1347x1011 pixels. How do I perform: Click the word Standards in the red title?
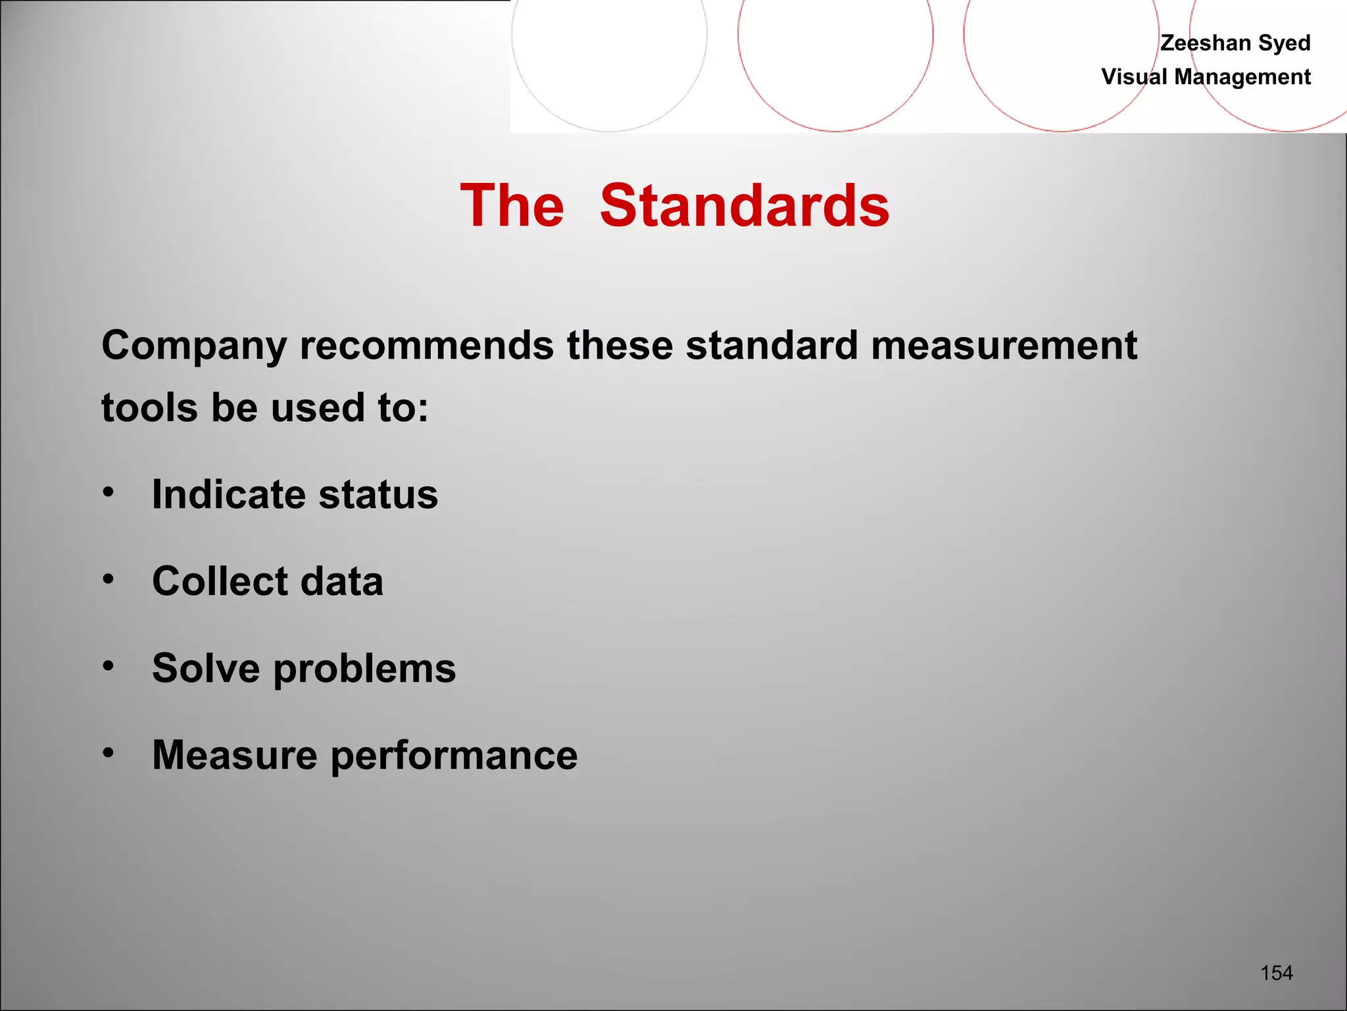click(x=745, y=206)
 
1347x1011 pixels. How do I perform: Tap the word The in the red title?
click(x=512, y=206)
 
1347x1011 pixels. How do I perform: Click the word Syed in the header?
click(x=1285, y=43)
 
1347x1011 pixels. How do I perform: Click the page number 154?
click(x=1277, y=973)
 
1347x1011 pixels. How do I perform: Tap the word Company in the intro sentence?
click(x=194, y=346)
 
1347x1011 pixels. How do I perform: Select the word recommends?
click(x=427, y=345)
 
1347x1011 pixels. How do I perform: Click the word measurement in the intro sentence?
click(x=1004, y=345)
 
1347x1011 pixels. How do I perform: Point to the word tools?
click(x=149, y=407)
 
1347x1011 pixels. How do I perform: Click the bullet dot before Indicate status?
click(x=109, y=491)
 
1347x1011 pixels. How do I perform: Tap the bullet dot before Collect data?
click(x=109, y=579)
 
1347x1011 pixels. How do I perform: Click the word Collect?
click(x=220, y=581)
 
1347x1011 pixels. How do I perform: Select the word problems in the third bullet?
click(x=364, y=669)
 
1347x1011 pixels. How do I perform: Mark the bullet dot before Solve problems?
click(x=109, y=665)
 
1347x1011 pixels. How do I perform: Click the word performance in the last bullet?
click(x=454, y=755)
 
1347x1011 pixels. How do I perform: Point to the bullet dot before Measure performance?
click(x=109, y=752)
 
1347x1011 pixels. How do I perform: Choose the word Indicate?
click(x=230, y=494)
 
